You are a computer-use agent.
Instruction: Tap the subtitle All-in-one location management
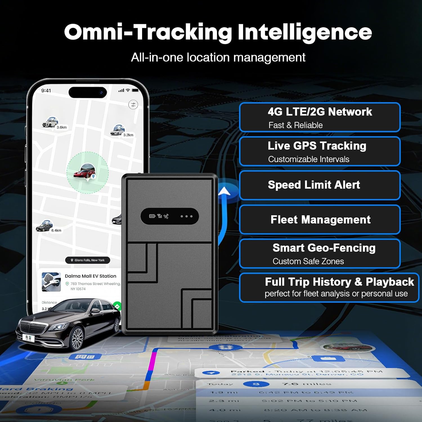[x=218, y=57]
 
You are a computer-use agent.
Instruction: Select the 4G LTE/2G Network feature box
[x=320, y=117]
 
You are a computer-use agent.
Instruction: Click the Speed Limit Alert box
[x=320, y=185]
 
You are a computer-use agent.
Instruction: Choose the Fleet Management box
[x=320, y=219]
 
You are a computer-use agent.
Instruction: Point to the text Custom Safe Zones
[x=308, y=261]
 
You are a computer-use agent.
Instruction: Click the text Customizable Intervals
[x=309, y=159]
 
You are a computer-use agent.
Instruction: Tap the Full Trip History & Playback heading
[x=339, y=282]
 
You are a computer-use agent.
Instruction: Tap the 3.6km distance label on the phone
[x=62, y=127]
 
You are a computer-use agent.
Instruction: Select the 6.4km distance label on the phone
[x=56, y=230]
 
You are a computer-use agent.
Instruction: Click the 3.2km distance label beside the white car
[x=128, y=135]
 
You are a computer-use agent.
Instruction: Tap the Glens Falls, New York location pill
[x=87, y=260]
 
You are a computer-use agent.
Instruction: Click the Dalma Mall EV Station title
[x=90, y=276]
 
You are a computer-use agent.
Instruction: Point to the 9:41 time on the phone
[x=46, y=91]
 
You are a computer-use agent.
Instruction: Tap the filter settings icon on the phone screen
[x=133, y=105]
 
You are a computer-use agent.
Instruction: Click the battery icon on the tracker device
[x=152, y=216]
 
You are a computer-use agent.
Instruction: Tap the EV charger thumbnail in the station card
[x=51, y=282]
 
